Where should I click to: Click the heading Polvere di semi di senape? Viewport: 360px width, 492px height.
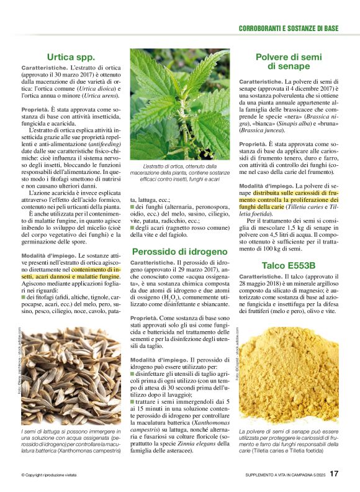(x=289, y=61)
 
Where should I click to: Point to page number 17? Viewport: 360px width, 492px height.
(x=334, y=474)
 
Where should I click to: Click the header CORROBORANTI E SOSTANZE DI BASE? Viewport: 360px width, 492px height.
(x=289, y=29)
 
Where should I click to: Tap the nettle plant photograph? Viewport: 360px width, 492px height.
(x=180, y=104)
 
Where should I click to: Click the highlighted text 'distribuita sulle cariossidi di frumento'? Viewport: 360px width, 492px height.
(x=289, y=198)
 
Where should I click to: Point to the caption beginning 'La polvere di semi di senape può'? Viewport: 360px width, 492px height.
(x=289, y=439)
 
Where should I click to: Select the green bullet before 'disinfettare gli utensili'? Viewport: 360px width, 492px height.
(x=133, y=373)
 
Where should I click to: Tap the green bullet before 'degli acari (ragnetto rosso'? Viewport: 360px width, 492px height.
(x=133, y=227)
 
